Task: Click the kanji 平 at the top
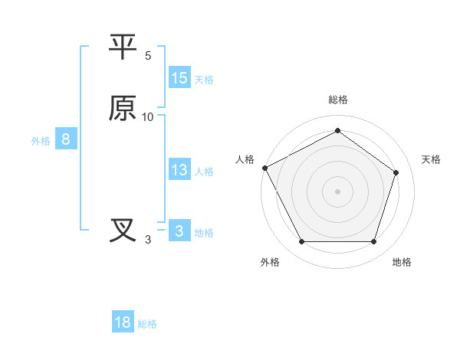(x=123, y=47)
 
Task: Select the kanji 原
(x=123, y=109)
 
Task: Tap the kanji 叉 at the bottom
(x=123, y=231)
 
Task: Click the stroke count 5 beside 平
(x=148, y=56)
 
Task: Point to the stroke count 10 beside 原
(x=148, y=117)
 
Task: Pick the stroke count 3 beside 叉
(x=148, y=240)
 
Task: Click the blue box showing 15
(x=179, y=78)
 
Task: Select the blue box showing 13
(x=179, y=170)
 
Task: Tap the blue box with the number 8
(x=66, y=139)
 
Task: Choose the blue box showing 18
(x=123, y=322)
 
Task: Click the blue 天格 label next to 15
(x=204, y=79)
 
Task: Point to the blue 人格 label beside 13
(x=204, y=171)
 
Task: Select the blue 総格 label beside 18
(x=147, y=324)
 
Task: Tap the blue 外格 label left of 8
(x=41, y=141)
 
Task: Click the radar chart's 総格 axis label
(x=338, y=100)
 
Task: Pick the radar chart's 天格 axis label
(x=431, y=159)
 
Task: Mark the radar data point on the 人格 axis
(x=264, y=167)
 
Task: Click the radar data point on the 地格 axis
(x=373, y=242)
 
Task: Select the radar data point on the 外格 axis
(x=301, y=242)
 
